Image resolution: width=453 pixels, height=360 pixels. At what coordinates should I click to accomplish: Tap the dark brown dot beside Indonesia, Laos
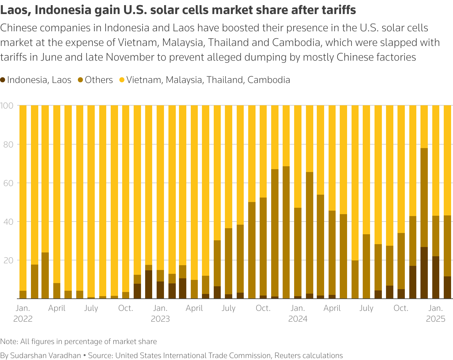(x=3, y=80)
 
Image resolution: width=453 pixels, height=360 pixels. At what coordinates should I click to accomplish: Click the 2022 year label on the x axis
(x=23, y=319)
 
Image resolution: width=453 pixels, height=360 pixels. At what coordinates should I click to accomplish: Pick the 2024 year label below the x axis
(x=298, y=319)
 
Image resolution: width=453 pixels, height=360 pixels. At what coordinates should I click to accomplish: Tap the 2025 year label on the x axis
(x=435, y=319)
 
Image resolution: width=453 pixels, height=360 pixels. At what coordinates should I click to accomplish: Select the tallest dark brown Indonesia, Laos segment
(x=424, y=273)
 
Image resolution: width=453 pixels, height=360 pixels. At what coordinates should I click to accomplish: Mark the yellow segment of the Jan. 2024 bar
(x=298, y=156)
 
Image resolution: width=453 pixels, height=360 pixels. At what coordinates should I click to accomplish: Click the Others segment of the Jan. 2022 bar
(x=23, y=295)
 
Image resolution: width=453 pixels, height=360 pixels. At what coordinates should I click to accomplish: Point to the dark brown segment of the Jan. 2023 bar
(x=160, y=290)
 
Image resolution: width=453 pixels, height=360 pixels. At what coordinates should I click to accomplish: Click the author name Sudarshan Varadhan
(x=45, y=356)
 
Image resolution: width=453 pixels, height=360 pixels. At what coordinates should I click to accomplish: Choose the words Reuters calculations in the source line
(x=308, y=356)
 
